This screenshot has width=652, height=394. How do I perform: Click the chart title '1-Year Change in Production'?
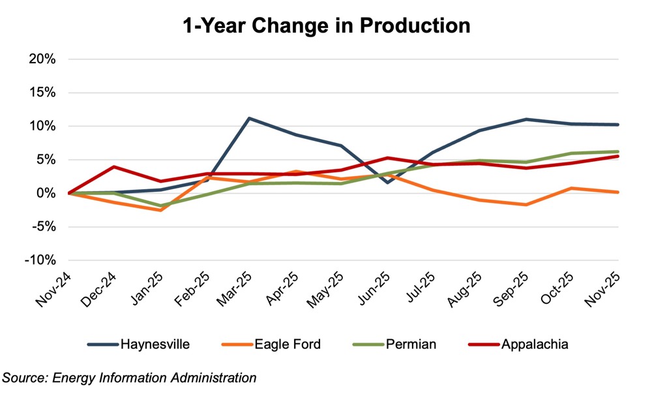coord(326,25)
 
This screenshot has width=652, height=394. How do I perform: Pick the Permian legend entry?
coord(415,344)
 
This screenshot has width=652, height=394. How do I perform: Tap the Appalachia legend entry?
coord(535,344)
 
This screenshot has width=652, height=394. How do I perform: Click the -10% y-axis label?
coord(41,260)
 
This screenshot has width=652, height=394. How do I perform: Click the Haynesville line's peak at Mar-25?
coord(248,118)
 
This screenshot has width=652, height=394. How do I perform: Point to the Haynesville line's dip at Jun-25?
coord(387,183)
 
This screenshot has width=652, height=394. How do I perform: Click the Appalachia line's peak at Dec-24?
coord(114,166)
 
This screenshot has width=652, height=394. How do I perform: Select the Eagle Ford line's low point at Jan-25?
coord(160,210)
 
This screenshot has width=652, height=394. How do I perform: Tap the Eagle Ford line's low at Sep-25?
coord(526,205)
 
